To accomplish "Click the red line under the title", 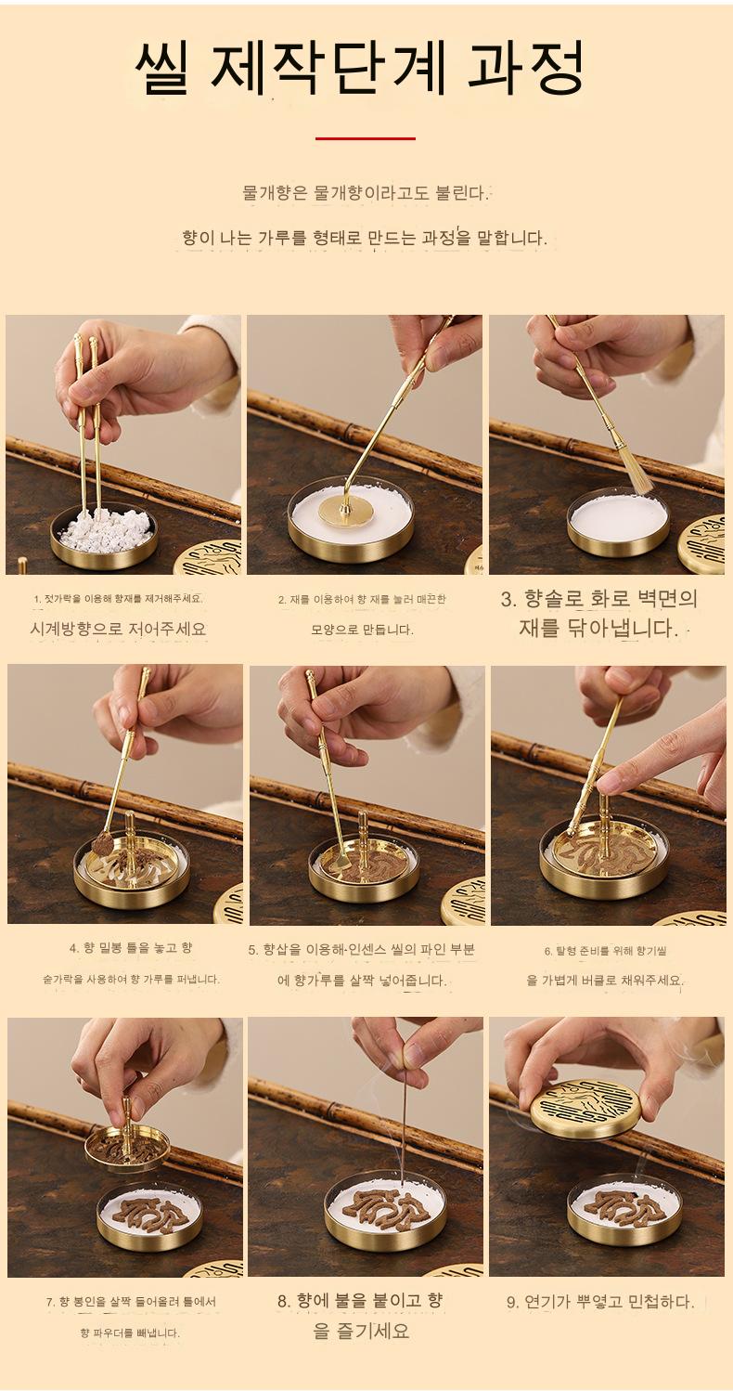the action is coord(365,138).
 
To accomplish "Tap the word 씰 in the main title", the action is coord(163,69).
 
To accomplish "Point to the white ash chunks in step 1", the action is coord(104,530).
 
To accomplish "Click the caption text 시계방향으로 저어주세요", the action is coord(118,629).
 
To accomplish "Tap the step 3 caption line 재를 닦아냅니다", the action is coord(598,628).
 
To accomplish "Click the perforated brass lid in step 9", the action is coord(586,1109).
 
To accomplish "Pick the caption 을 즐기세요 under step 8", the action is coord(361,1330).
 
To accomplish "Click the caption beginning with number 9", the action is coord(600,1301).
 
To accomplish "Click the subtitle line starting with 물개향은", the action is coord(365,192).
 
